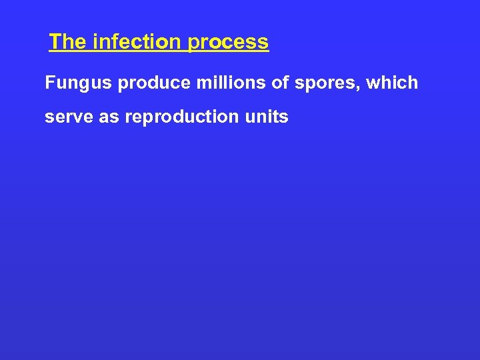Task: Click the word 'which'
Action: point(394,83)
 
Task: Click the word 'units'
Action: point(267,117)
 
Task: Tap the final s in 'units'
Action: point(284,118)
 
